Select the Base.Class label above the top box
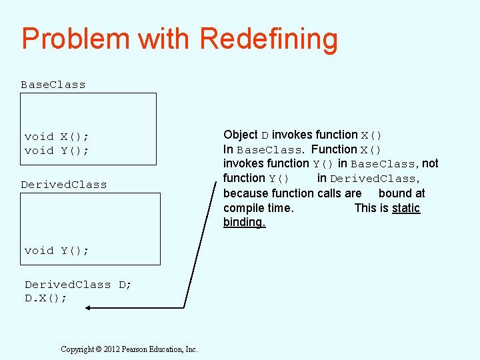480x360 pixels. coord(53,85)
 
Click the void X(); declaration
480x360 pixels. coord(57,137)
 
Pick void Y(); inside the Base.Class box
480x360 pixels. coord(57,151)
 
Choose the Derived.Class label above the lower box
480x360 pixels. coord(63,185)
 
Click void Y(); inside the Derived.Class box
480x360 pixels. coord(57,251)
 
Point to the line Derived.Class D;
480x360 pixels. coord(78,285)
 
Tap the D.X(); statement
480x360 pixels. coord(46,298)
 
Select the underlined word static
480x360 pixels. coord(406,208)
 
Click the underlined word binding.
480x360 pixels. coord(244,222)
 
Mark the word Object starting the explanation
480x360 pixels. coord(241,135)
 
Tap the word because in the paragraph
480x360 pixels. coord(245,193)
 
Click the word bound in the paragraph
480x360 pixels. coord(394,193)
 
